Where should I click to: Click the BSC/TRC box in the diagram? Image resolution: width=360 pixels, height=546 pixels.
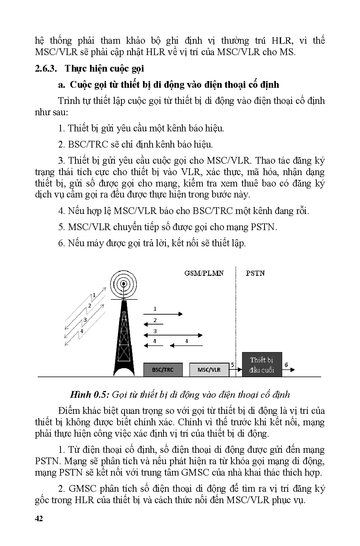point(162,370)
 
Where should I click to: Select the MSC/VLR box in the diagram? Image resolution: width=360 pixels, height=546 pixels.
point(209,370)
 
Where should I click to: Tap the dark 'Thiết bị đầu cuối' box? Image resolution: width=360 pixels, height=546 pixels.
point(262,365)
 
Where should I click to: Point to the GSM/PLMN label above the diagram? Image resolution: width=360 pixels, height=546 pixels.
point(204,273)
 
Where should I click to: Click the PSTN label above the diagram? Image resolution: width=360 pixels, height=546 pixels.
point(255,273)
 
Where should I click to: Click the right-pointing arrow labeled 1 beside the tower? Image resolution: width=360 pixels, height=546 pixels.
point(163,314)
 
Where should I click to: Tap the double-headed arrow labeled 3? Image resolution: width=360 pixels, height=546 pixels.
point(173,335)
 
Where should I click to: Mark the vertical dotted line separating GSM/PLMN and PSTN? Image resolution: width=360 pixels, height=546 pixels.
point(235,311)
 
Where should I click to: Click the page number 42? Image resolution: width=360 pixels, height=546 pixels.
point(39,518)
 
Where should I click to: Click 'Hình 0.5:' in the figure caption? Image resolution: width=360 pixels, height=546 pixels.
point(90,395)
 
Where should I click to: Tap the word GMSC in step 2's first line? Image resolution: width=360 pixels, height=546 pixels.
point(84,489)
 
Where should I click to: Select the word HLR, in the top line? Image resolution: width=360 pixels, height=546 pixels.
point(282,41)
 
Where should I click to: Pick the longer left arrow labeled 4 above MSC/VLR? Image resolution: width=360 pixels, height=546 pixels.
point(186,346)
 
